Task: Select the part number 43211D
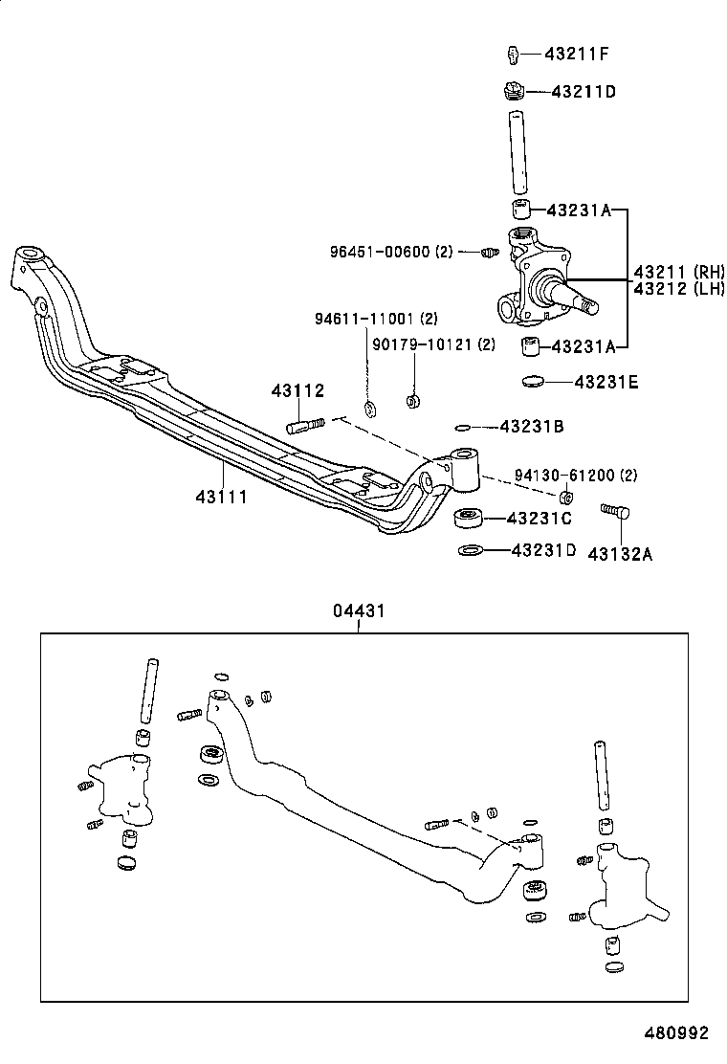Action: [x=583, y=92]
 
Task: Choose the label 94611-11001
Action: [x=376, y=318]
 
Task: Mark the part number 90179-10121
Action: [x=433, y=344]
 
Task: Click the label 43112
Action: [x=297, y=390]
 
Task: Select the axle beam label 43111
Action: [x=222, y=496]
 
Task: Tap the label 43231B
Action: [x=532, y=427]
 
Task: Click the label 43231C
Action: [x=539, y=519]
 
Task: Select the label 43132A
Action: [x=620, y=553]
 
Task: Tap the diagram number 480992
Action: [x=674, y=1032]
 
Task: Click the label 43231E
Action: [x=606, y=382]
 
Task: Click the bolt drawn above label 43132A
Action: [x=612, y=512]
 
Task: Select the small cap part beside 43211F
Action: [x=513, y=52]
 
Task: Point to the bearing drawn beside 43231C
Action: [x=468, y=519]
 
